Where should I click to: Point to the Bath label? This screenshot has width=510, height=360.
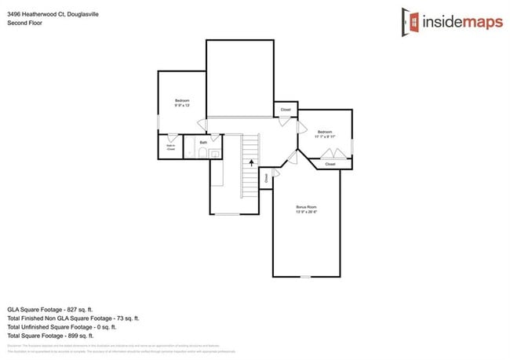point(203,142)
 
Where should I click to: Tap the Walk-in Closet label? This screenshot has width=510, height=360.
point(170,147)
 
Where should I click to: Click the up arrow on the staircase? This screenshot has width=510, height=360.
point(251,163)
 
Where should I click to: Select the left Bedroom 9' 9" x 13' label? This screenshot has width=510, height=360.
point(182,104)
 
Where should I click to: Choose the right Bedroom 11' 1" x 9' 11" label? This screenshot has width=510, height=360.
point(325,133)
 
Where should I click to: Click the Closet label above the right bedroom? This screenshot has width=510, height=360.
point(286,109)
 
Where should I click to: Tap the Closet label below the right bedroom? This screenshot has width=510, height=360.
point(330,164)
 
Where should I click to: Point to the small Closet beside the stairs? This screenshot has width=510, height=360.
point(267,178)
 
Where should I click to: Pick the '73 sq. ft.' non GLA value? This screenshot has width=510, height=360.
point(126,318)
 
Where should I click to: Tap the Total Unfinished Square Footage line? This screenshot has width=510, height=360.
point(62,325)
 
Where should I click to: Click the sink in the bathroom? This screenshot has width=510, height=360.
point(202,153)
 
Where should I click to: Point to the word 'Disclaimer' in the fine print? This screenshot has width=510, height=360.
point(14,346)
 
